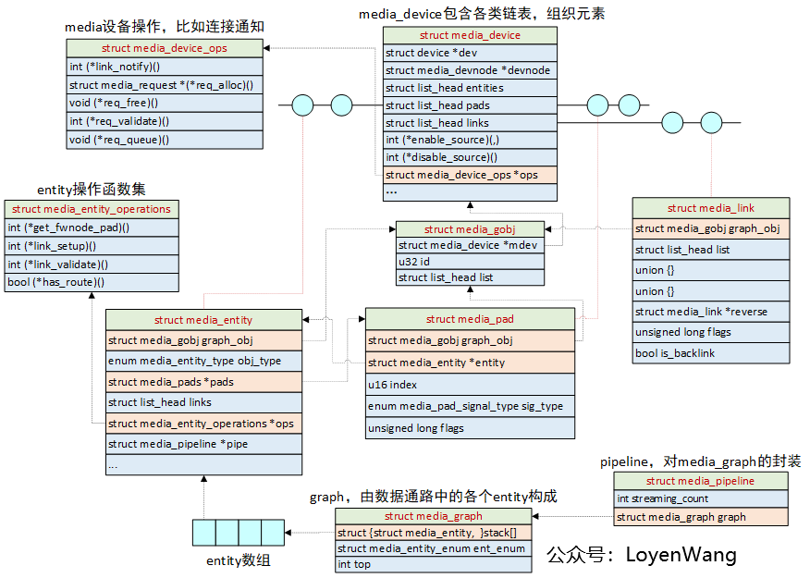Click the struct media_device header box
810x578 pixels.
(470, 35)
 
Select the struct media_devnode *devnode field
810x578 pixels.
(470, 70)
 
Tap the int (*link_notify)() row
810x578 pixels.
(164, 67)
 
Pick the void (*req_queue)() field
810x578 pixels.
(164, 140)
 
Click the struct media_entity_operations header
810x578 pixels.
(92, 210)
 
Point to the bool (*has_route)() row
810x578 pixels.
(92, 282)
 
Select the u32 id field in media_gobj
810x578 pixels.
(471, 262)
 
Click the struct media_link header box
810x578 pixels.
(711, 208)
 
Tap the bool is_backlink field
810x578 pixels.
(711, 352)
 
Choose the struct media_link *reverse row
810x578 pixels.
(711, 312)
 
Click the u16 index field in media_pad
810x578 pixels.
(470, 384)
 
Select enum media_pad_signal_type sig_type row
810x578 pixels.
(470, 406)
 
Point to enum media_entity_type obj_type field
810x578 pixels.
(203, 361)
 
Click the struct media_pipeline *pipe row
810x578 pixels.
(203, 444)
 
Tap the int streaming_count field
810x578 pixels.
(701, 499)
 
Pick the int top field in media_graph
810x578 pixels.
(433, 564)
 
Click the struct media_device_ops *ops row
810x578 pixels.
(470, 175)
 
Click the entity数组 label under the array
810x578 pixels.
(239, 560)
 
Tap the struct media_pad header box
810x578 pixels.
(470, 319)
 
